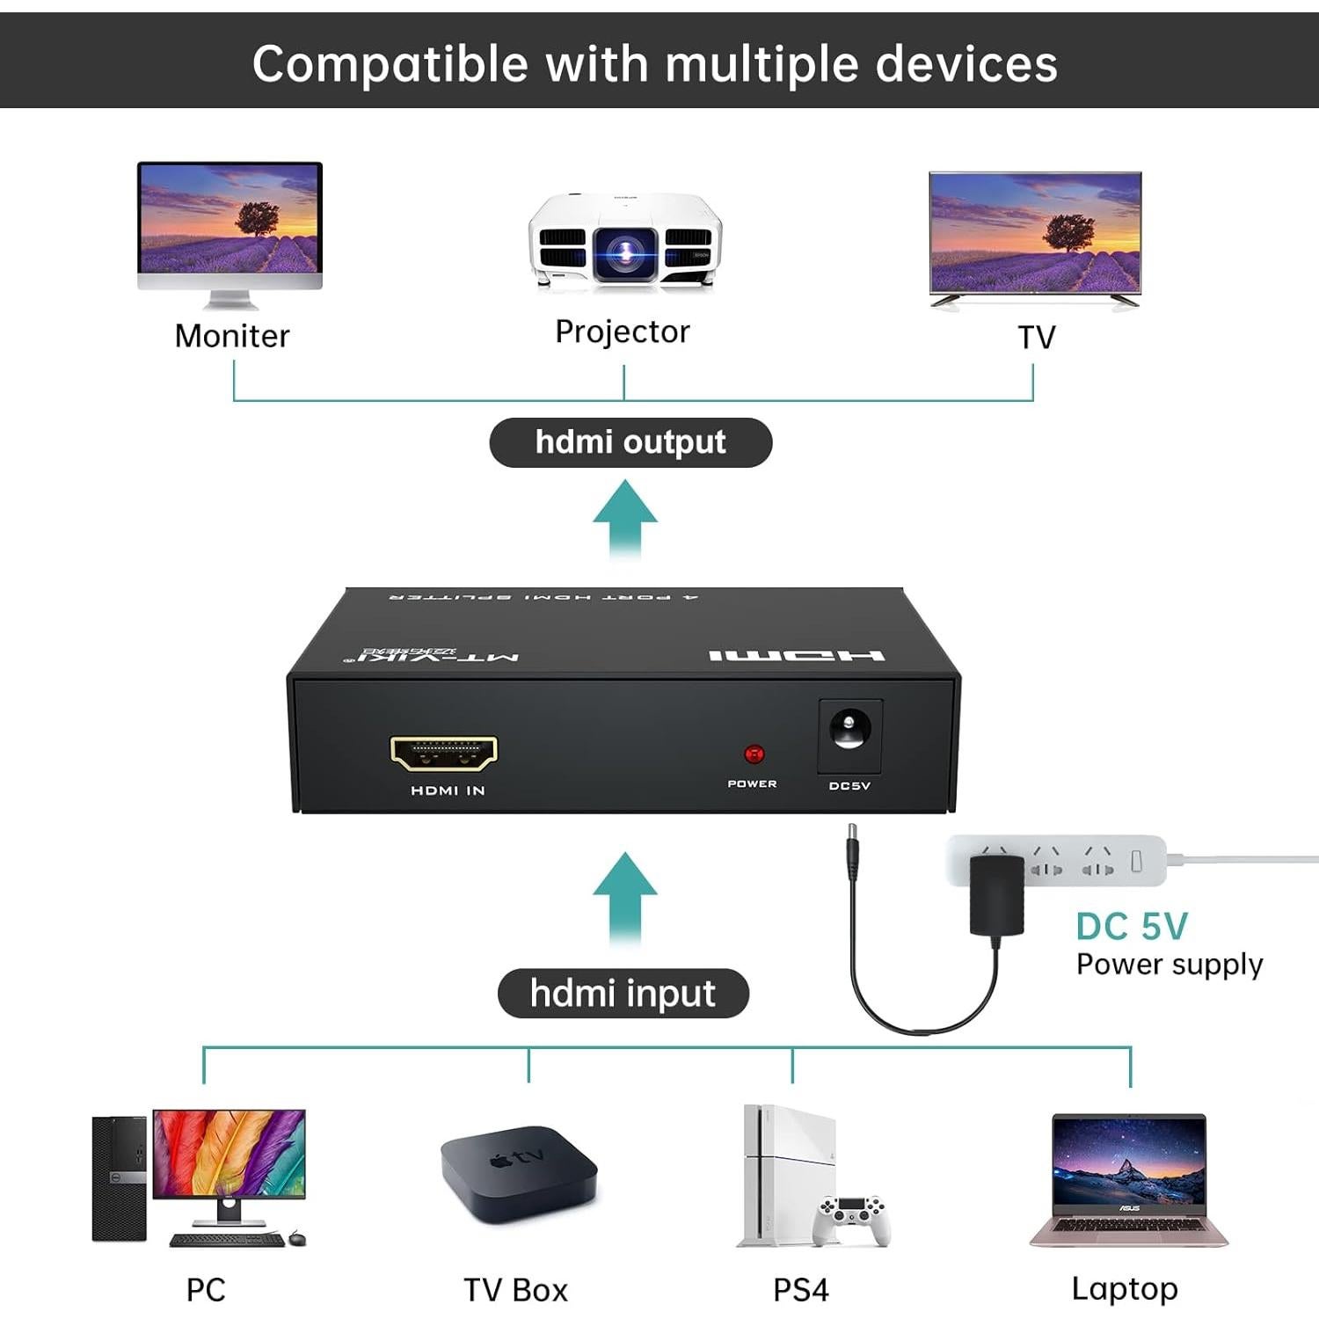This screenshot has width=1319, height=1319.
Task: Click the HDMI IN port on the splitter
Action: (444, 753)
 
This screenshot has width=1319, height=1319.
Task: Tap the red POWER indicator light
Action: (754, 754)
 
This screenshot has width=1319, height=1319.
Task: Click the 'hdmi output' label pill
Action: (630, 442)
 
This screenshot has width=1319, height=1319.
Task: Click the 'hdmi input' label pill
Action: (623, 994)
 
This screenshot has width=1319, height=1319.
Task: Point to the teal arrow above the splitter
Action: (625, 518)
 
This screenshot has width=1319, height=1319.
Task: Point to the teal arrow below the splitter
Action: (625, 897)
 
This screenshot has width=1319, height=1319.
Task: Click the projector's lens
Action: (625, 252)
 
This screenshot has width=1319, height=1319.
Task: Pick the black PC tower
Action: (119, 1178)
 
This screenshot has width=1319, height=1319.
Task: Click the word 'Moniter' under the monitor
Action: (232, 336)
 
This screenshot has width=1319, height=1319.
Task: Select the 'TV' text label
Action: (1036, 338)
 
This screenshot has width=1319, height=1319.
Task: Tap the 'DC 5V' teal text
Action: (1132, 927)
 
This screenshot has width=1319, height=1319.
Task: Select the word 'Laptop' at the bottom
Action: (1125, 1289)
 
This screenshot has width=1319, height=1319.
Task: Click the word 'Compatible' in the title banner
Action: (390, 64)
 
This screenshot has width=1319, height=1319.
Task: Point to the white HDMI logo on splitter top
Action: (797, 656)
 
